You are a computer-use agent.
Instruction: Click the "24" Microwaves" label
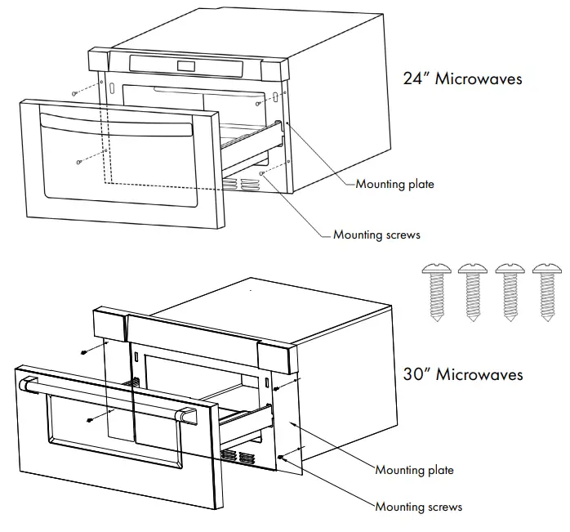462,79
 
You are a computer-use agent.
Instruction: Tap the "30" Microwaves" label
462,375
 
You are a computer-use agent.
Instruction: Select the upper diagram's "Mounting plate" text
394,185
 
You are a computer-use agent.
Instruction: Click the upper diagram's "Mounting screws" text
376,235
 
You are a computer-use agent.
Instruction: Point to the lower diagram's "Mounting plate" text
414,470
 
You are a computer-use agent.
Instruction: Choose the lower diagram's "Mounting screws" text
418,507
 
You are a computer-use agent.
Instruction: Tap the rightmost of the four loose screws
547,295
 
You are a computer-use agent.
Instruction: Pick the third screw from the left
510,295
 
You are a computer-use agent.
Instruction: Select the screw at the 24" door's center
78,161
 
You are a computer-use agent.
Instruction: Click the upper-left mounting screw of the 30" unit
84,352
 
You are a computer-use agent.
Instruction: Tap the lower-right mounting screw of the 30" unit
281,457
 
